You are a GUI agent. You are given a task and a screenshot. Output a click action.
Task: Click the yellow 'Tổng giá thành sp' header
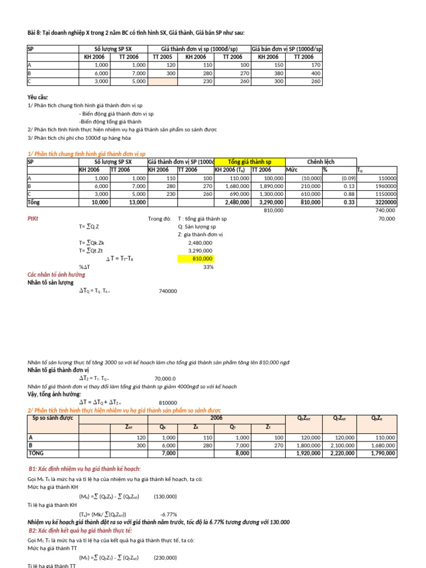click(249, 161)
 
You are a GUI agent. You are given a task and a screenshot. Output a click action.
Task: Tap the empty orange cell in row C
click(162, 81)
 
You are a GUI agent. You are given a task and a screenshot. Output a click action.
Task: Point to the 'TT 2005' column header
click(162, 57)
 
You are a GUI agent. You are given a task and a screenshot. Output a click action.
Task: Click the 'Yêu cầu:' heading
click(38, 97)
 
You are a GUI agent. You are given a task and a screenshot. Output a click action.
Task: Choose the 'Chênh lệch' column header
click(321, 161)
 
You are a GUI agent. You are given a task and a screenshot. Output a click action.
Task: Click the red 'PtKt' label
click(34, 219)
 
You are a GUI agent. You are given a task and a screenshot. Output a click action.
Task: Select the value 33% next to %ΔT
click(207, 267)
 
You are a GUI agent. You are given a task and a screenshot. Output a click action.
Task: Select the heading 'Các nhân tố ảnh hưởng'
click(57, 275)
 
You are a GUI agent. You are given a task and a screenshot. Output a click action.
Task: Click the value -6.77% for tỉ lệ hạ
click(169, 514)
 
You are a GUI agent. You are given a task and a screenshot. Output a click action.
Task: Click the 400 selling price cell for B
click(307, 73)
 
